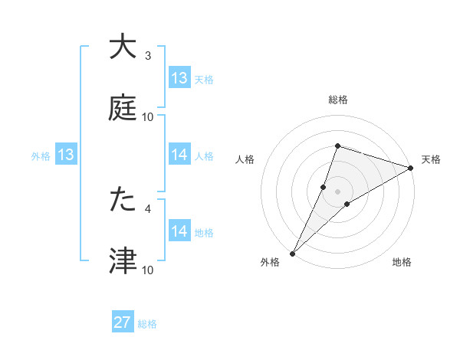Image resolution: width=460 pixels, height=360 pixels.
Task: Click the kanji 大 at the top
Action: point(123,47)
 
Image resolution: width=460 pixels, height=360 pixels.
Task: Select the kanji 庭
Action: point(123,108)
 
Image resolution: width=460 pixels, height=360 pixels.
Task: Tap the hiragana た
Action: point(123,200)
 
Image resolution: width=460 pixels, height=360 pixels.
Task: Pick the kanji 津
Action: point(123,261)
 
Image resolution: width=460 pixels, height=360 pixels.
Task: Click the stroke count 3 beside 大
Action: point(148,56)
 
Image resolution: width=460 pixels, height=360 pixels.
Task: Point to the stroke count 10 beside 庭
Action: point(148,117)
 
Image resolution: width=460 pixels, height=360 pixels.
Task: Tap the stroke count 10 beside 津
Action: point(148,270)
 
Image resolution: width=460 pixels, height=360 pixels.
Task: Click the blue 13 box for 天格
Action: point(179,78)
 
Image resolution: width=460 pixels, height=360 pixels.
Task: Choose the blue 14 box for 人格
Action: point(179,155)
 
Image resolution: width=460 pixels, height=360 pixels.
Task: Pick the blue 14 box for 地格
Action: point(179,231)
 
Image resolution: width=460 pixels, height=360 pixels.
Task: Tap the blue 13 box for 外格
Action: point(65,155)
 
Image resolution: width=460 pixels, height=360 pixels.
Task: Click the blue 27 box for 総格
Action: point(123,322)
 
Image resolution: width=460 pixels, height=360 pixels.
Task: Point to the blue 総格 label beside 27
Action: point(147,324)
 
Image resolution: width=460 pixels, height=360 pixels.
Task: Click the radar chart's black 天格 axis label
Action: point(431,159)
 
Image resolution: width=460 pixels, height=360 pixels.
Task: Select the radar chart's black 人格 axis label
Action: point(245,159)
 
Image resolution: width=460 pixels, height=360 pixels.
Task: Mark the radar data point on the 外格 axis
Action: point(292,253)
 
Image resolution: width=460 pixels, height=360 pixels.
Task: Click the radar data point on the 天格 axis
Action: point(410,168)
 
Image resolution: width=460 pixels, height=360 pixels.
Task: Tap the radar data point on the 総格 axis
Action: point(337,146)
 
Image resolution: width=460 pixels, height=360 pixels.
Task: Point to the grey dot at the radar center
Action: point(337,191)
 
